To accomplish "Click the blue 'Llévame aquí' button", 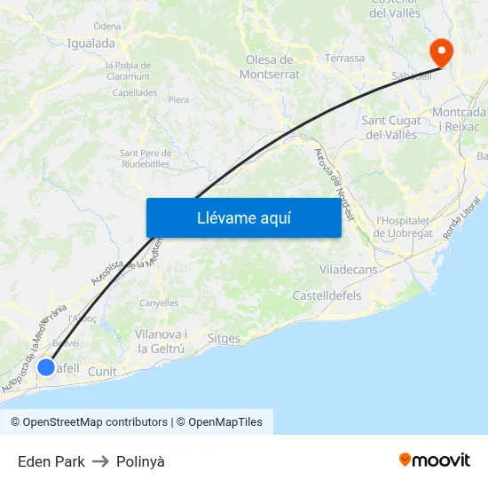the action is pos(243,217).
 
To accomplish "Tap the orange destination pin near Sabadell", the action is pos(440,51).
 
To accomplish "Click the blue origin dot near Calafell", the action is pos(46,366).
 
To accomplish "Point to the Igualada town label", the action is pos(91,43).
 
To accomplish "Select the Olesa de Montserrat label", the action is pos(269,67).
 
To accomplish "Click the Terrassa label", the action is pos(345,59).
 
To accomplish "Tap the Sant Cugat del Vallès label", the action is pos(390,127).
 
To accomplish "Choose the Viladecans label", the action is pos(348,269).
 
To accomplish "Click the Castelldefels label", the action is pos(327,295).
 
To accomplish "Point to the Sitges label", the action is pos(224,338).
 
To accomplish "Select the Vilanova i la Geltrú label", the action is pos(161,342).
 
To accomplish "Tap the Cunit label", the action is pos(102,372).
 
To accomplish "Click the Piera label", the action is pos(178,99).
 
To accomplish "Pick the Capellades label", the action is pos(135,92).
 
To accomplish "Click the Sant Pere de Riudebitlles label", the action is pos(145,158).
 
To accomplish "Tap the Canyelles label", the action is pos(159,303).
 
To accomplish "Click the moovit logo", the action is pos(434,460).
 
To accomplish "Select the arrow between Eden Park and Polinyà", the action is pos(100,461).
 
